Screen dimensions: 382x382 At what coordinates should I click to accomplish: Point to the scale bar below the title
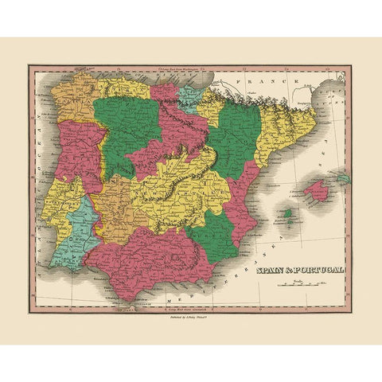tap(309, 284)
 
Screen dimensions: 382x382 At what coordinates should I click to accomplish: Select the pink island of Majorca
tap(314, 192)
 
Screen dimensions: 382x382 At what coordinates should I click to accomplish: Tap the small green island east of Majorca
tap(343, 178)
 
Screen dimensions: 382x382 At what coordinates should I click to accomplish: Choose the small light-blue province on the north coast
tap(189, 96)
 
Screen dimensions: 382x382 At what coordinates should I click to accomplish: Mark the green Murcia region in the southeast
tap(218, 231)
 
